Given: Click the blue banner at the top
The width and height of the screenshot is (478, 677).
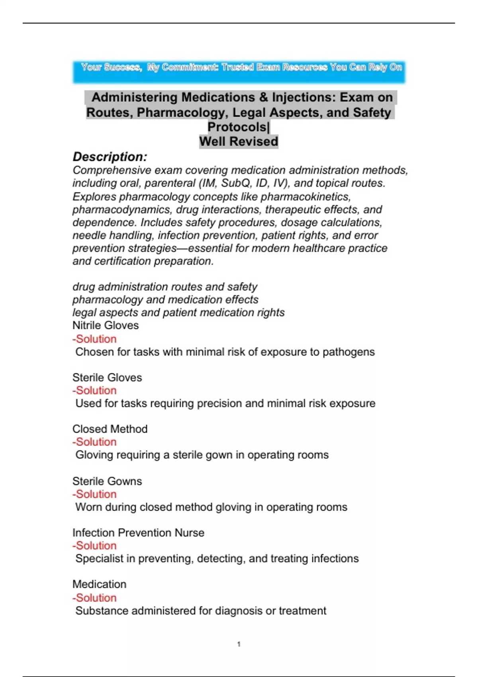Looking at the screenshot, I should coord(239,72).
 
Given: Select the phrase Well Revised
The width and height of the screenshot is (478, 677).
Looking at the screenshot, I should coord(239,141).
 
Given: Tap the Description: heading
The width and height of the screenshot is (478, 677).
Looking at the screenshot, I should coord(110,157).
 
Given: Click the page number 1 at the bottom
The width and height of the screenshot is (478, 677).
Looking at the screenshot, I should coord(239,644).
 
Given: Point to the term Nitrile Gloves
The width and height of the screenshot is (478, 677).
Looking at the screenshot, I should coord(106,325).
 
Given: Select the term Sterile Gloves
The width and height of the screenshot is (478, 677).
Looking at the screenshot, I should coord(107,377).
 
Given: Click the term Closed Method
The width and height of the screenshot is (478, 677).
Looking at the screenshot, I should coord(110,429).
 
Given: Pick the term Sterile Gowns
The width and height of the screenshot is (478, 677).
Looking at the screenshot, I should coord(107,481).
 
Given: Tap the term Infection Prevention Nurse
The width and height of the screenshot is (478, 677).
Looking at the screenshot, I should coord(138,533).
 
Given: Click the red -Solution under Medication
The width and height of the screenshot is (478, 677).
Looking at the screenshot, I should coord(94,598).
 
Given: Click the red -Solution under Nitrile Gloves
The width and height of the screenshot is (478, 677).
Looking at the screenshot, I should coord(94,339).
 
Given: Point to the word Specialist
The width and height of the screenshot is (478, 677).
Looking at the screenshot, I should coord(100,559).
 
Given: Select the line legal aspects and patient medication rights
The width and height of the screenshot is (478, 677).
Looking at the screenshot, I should coord(178,313).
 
